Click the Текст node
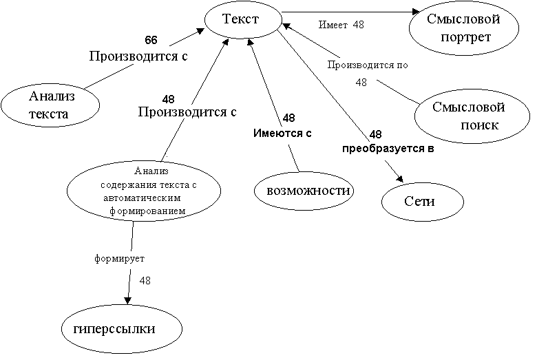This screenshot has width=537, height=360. [240, 21]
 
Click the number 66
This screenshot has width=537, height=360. [151, 41]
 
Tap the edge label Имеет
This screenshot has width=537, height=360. [333, 25]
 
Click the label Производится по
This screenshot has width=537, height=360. [368, 67]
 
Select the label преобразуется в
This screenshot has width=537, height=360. [389, 148]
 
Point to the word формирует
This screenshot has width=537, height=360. [120, 260]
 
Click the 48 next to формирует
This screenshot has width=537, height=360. [145, 280]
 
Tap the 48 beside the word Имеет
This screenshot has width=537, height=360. [358, 25]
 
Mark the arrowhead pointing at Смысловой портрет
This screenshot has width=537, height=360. [415, 12]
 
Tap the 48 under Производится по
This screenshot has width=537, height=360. [361, 82]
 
